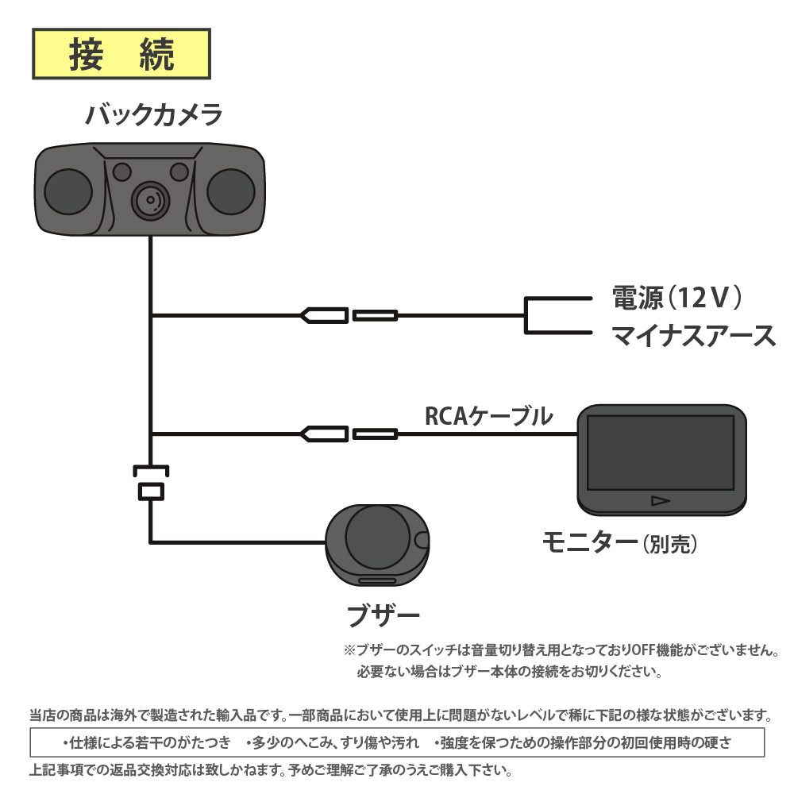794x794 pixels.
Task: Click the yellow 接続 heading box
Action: pos(121,54)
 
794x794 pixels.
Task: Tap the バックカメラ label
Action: pos(153,116)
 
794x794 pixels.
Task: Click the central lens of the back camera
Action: pos(149,198)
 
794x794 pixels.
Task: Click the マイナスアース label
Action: pos(693,336)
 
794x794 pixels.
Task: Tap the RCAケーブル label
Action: pos(488,415)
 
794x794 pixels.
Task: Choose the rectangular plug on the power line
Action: pos(375,315)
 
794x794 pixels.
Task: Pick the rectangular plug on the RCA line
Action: pos(375,434)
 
